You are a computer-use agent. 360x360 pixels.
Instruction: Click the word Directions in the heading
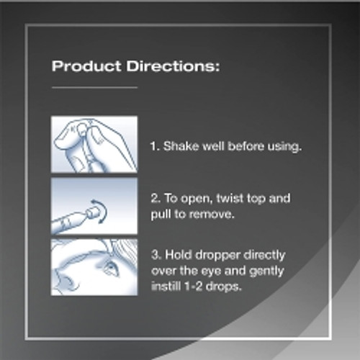170,68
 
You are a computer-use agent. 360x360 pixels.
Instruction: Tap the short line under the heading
94,87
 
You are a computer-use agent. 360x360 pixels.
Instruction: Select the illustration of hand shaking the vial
94,143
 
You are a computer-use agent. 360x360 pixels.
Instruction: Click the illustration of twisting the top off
94,206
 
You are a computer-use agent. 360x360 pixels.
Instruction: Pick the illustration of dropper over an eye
94,266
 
